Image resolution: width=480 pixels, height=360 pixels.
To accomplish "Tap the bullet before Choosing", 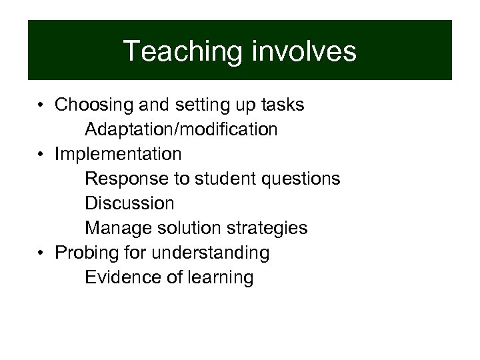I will click(41, 105).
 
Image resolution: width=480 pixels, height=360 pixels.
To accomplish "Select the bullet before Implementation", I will click(41, 155).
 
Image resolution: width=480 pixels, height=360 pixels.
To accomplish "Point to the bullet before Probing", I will click(41, 253).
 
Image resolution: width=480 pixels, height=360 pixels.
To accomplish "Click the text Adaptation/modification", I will click(181, 129).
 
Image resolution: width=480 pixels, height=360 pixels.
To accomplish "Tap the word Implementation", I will click(118, 155).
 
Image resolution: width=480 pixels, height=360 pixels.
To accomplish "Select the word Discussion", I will click(129, 203).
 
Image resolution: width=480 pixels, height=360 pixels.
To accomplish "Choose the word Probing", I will click(85, 253).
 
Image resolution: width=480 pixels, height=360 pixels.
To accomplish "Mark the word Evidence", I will click(123, 277).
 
